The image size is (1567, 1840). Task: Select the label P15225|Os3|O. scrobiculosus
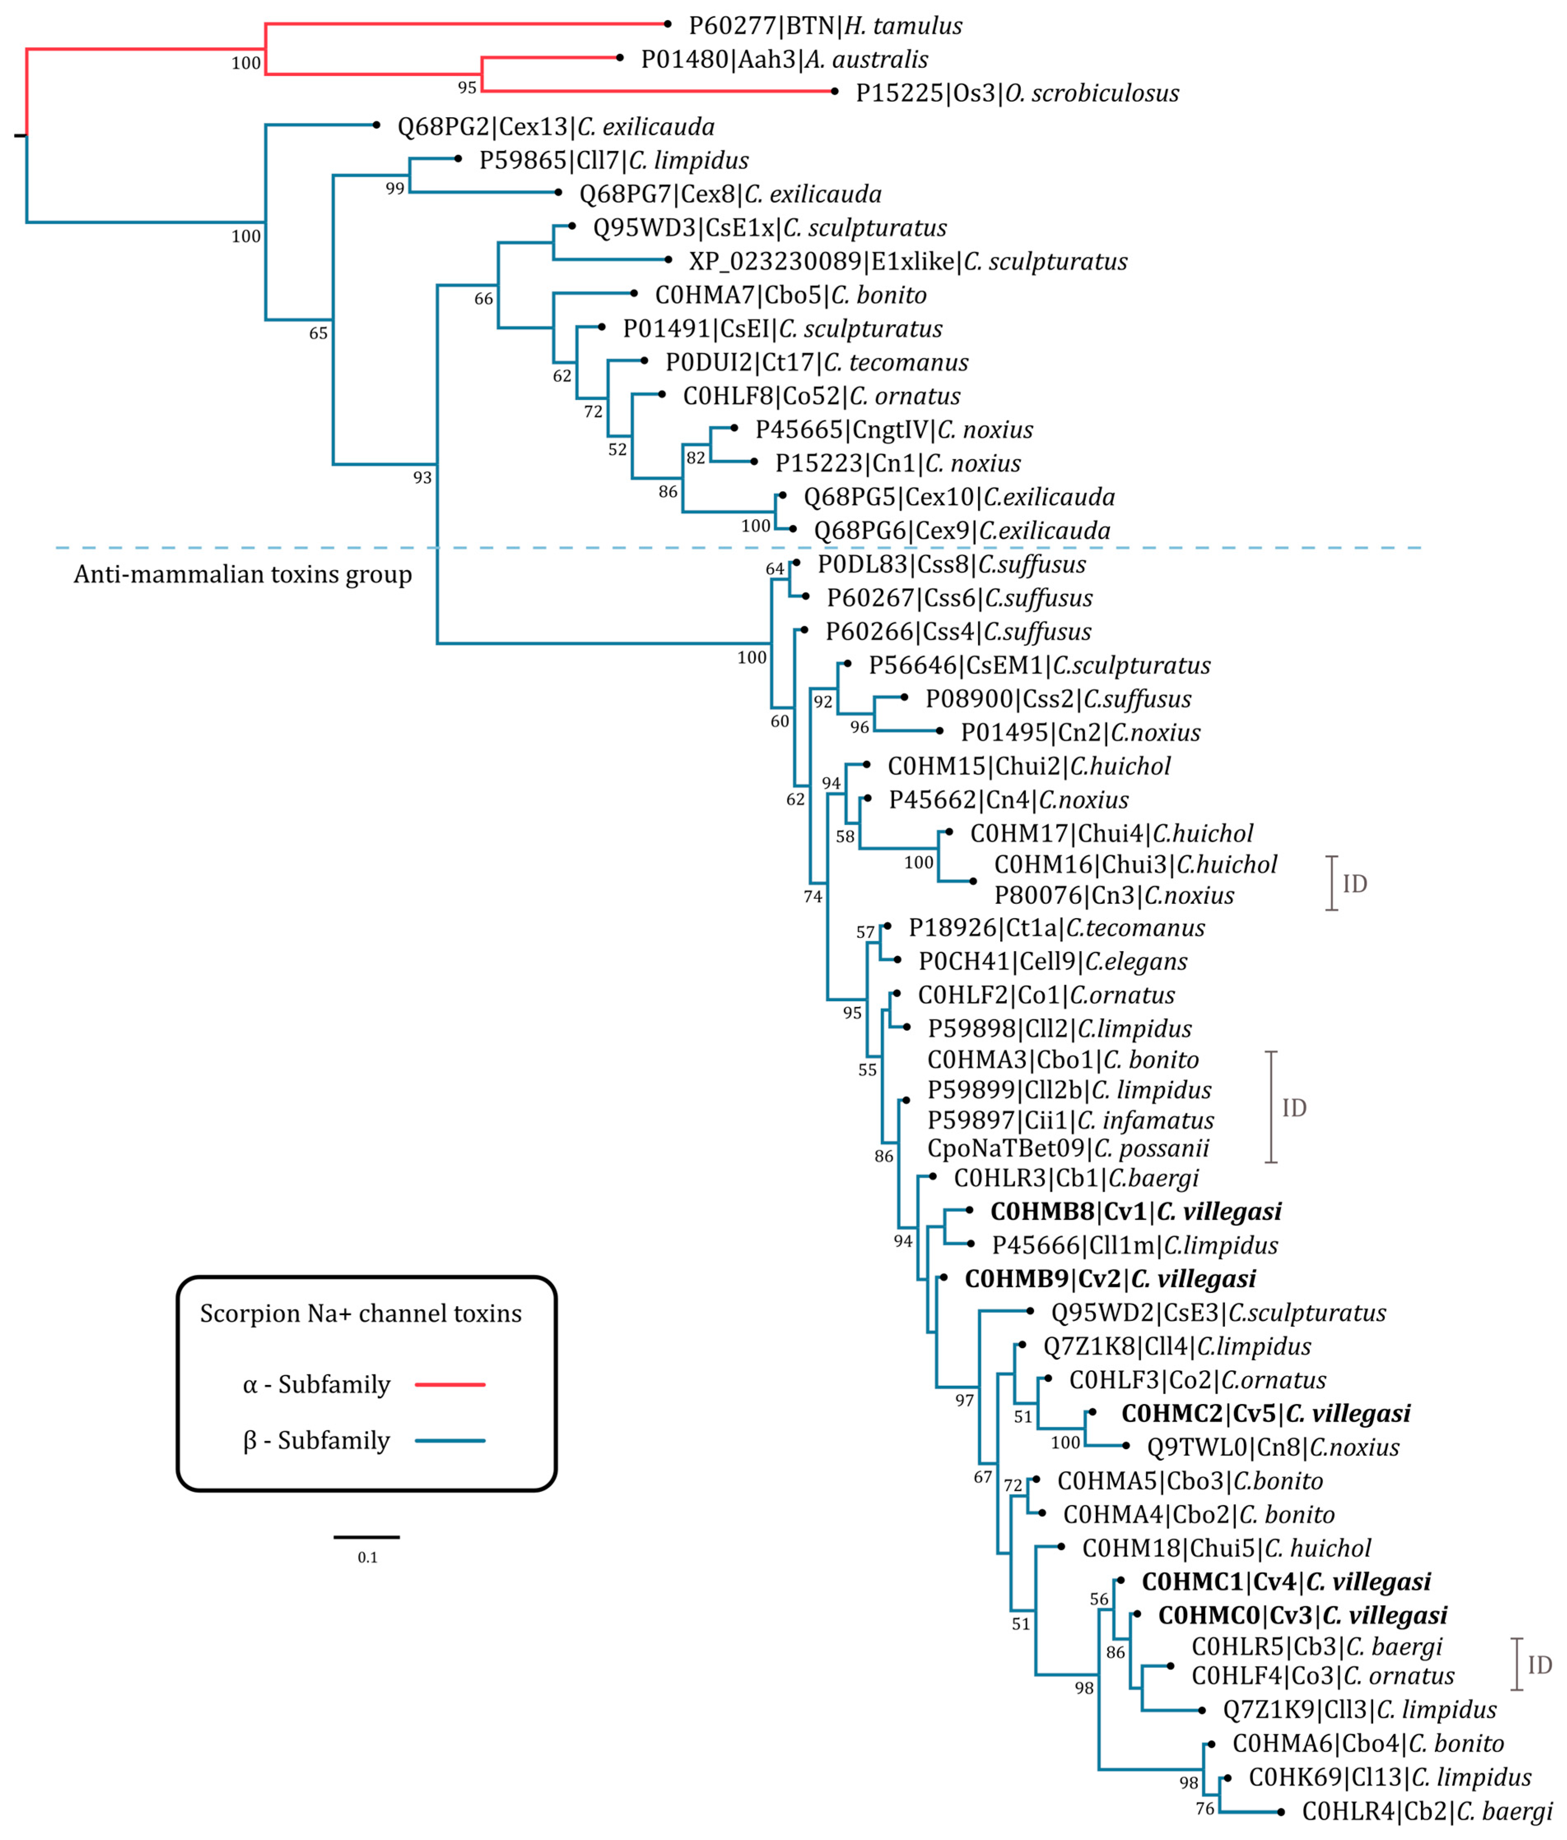pos(1017,93)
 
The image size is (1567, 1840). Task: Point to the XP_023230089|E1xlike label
pos(908,261)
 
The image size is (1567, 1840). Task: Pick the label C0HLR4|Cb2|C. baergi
pos(1427,1812)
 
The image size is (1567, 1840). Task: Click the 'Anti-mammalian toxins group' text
pos(242,575)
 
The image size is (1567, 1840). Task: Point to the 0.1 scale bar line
pos(367,1536)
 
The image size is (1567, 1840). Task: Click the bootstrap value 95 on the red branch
pos(467,87)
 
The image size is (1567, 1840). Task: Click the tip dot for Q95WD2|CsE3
pos(1030,1311)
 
